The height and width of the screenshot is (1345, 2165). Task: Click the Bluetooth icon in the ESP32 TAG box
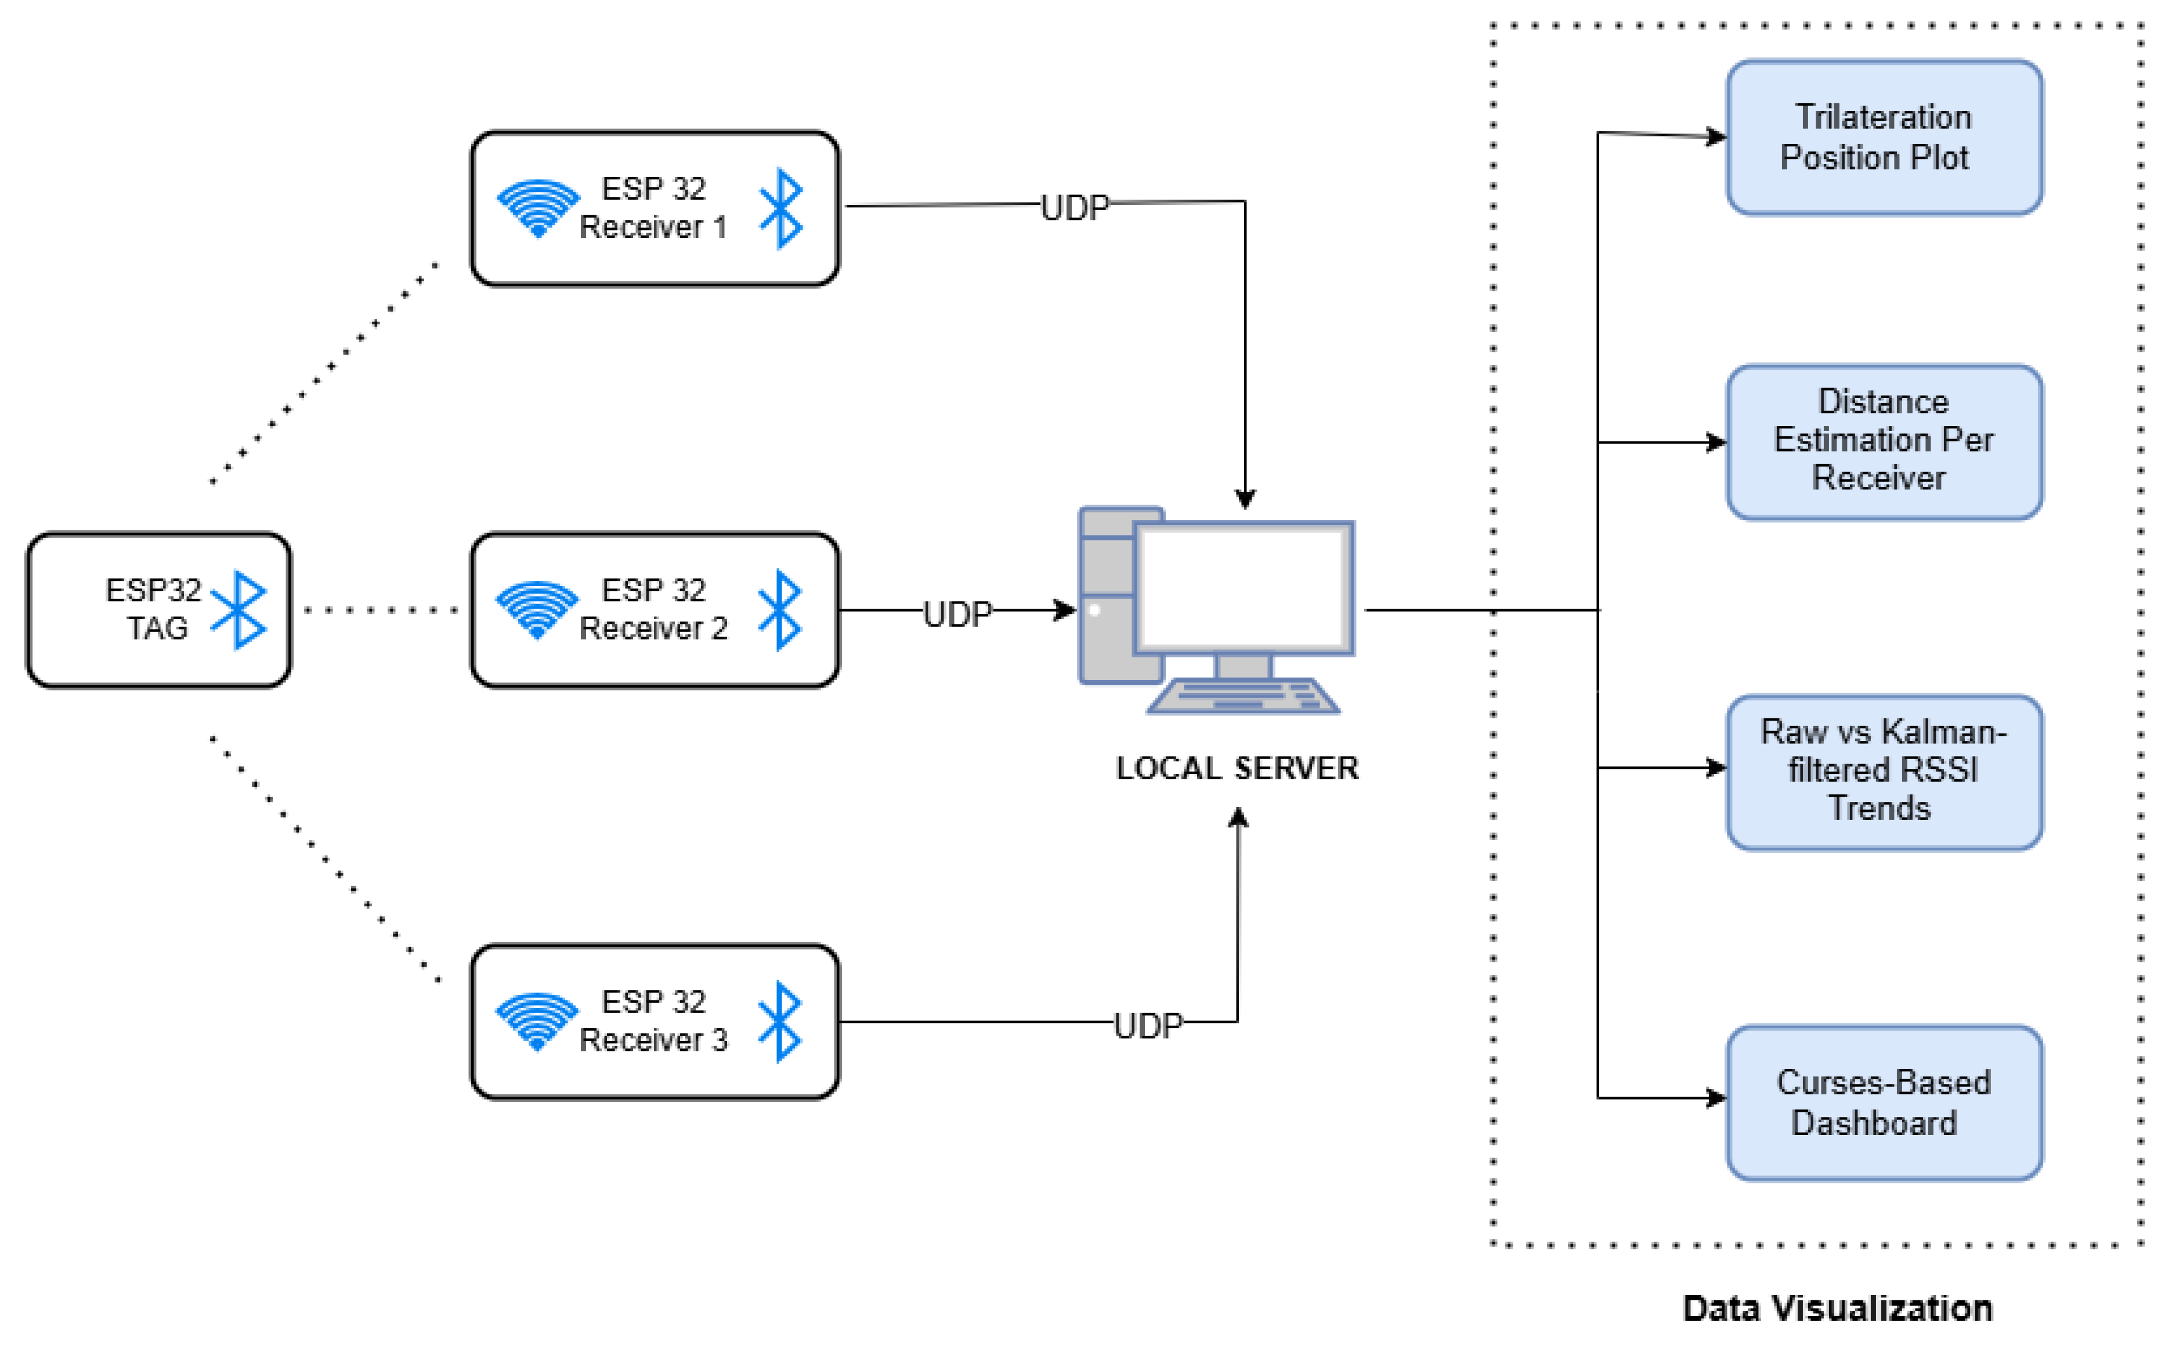point(239,610)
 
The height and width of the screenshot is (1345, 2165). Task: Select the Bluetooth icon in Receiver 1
point(781,208)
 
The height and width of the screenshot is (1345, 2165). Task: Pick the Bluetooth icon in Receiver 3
point(780,1021)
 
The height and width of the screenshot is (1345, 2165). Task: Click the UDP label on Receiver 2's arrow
point(957,614)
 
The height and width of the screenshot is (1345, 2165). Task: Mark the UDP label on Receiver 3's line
point(1147,1026)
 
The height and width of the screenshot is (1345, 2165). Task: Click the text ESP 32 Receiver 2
point(654,609)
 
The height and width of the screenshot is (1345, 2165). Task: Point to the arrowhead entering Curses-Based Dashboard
point(1716,1098)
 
